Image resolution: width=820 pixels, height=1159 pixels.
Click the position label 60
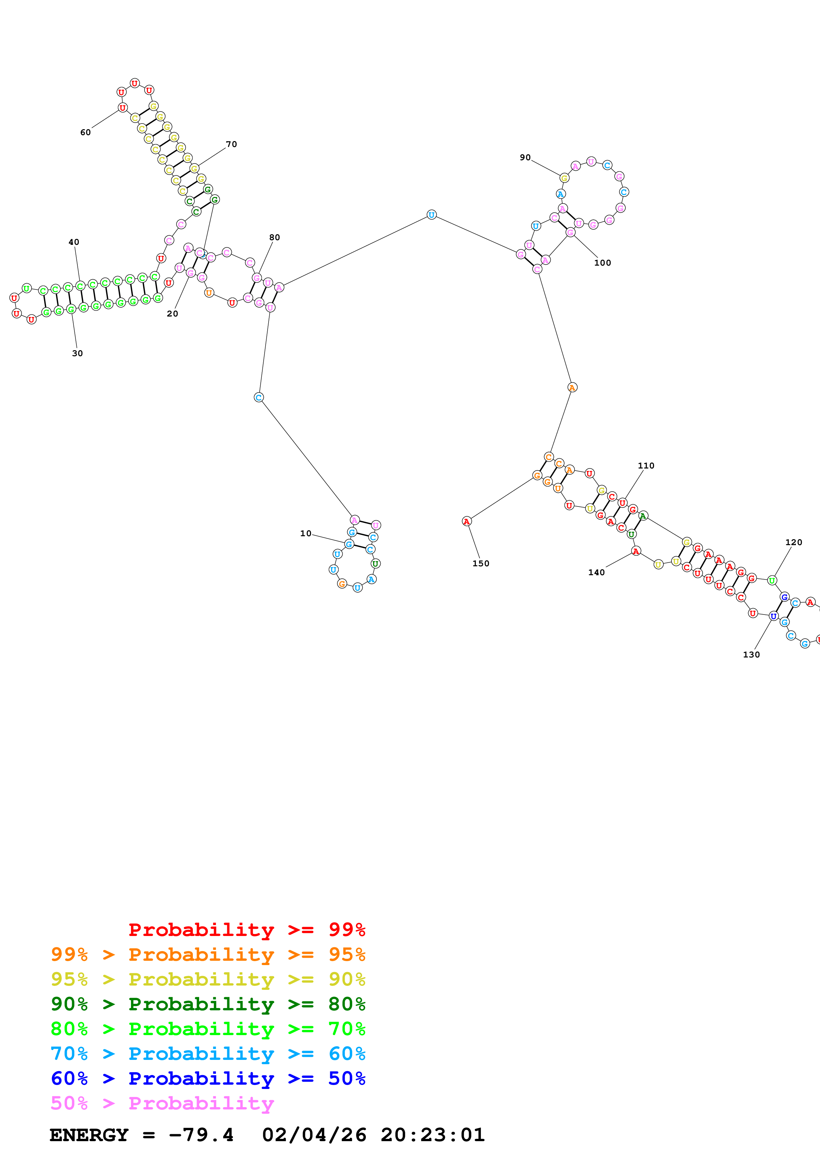85,132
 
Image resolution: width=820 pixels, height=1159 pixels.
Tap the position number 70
232,144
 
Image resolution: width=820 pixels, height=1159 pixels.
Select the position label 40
74,242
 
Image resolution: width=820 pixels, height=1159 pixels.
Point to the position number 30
77,354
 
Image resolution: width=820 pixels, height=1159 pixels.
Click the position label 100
602,263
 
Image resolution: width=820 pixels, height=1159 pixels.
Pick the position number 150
481,564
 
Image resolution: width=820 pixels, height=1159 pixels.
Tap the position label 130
751,655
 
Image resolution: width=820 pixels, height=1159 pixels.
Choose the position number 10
306,534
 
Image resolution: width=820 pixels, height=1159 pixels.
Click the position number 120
793,542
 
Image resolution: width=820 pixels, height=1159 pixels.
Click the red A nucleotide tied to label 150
467,521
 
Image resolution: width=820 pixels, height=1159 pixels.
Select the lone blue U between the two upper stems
431,215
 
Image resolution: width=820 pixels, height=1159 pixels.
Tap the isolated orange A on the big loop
572,388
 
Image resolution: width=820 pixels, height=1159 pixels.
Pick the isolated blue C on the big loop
259,398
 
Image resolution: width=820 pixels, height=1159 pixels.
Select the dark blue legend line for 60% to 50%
208,1079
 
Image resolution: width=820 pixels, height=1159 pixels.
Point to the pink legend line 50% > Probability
162,1103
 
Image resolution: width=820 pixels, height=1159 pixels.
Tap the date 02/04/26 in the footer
314,1135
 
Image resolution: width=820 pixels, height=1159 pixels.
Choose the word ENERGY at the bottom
89,1135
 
